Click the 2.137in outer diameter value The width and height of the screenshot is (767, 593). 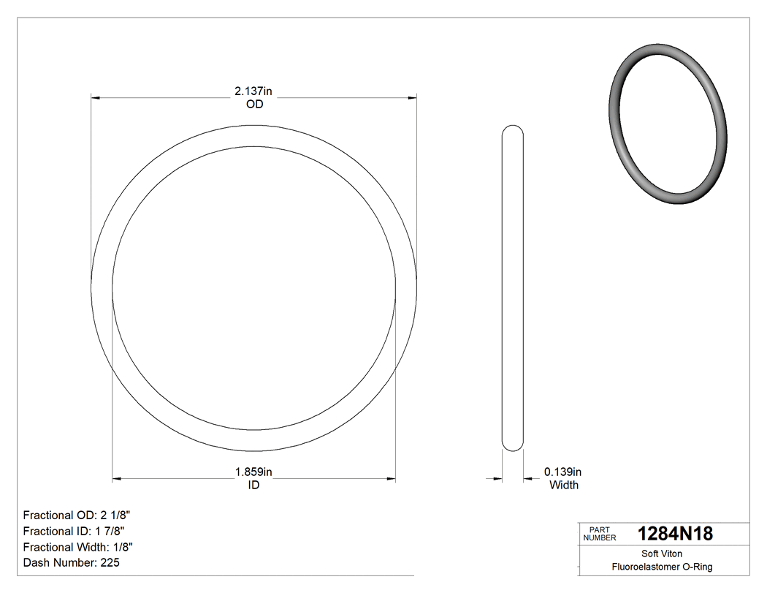point(253,91)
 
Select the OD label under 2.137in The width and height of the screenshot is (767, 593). point(254,105)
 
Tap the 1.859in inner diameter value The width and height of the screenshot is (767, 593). point(253,472)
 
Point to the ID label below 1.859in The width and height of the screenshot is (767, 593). point(253,485)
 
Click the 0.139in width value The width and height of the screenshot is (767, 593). point(562,472)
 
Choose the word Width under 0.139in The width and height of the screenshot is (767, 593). point(563,485)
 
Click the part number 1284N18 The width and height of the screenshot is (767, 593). point(675,534)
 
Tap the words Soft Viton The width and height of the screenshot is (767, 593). point(662,554)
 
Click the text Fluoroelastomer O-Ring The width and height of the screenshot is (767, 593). point(662,567)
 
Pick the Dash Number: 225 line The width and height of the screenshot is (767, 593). point(72,563)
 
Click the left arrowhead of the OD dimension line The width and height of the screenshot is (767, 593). point(95,97)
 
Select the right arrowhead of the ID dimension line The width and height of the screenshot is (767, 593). point(391,479)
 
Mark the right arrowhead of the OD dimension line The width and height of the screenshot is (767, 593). point(412,97)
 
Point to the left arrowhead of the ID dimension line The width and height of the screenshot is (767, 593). point(116,479)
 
